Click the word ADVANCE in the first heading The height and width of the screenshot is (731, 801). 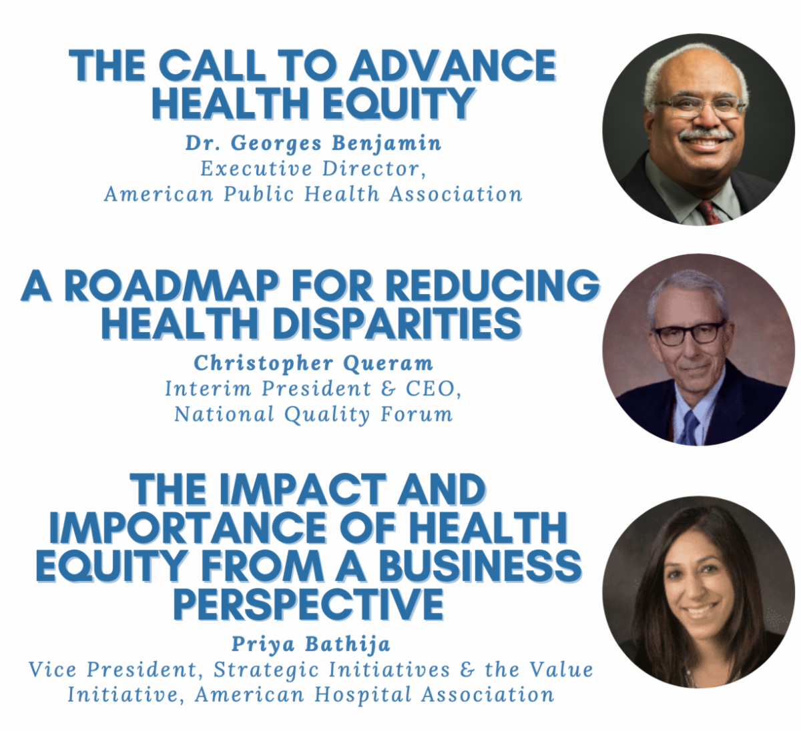click(453, 65)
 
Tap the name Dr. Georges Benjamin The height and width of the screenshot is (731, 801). click(314, 143)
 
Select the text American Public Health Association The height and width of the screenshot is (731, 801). click(314, 194)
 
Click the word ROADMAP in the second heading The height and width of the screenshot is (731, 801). click(172, 285)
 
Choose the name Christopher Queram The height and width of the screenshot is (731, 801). click(314, 363)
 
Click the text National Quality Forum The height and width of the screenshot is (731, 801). click(314, 414)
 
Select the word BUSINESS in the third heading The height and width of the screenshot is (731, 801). click(480, 566)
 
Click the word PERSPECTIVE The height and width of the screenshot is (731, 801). click(308, 603)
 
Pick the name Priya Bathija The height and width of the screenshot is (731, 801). click(311, 644)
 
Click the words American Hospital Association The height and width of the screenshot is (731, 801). click(374, 695)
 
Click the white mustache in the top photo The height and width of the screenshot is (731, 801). click(706, 135)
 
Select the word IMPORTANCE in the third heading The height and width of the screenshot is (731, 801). click(188, 528)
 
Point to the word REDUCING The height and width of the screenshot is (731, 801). click(493, 285)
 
